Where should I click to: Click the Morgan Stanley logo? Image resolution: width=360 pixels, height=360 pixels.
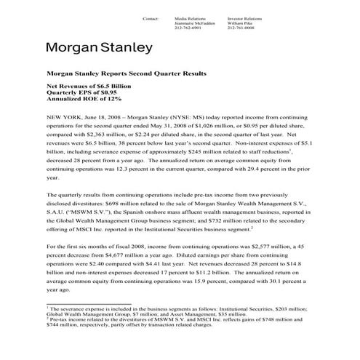(99, 49)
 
